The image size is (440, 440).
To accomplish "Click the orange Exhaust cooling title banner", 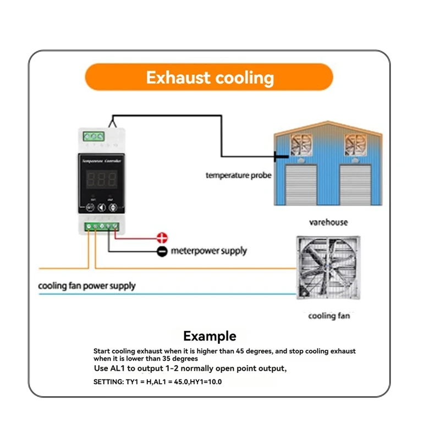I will pos(210,77).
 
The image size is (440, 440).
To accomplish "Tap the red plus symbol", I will pos(162,238).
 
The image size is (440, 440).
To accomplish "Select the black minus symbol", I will pos(162,251).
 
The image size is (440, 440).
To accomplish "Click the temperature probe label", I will pos(238,175).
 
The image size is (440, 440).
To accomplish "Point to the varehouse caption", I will pos(328,223).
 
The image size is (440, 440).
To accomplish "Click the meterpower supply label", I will pos(209,251).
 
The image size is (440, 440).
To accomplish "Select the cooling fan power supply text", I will pos(86,286).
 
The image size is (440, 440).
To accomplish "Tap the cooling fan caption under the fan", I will pos(328,316).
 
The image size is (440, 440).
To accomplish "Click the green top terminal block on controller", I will pos(94,136).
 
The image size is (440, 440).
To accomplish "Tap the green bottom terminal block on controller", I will pos(101,226).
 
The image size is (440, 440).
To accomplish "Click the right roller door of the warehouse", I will pos(353,184).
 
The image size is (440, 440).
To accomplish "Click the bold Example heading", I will pos(210,336).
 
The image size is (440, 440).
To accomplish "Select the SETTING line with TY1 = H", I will pos(157,381).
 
